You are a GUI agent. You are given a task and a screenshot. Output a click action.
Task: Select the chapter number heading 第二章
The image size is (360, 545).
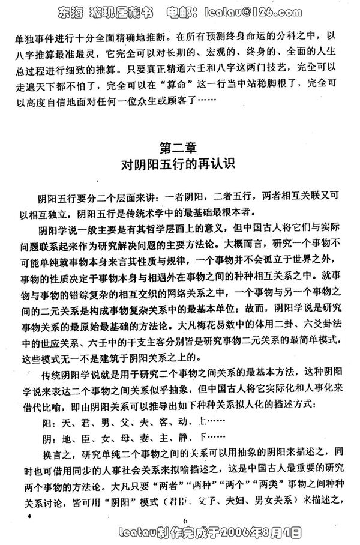click(180, 146)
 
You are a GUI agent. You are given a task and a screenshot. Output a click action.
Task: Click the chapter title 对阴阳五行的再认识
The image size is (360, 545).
click(180, 165)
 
